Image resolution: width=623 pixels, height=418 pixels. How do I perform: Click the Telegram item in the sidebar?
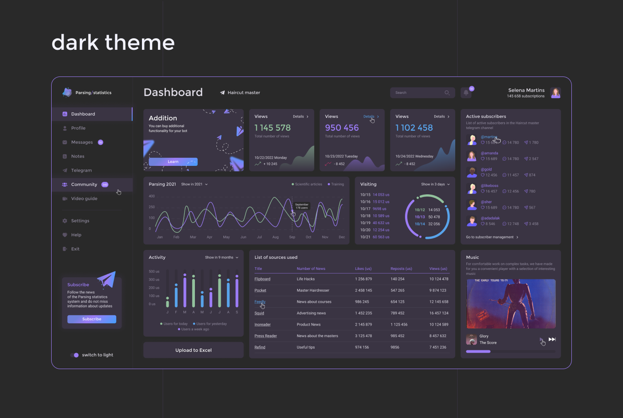tap(81, 170)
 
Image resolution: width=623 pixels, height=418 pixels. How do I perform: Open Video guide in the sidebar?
tap(84, 199)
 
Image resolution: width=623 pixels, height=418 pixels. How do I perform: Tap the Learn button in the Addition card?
tap(173, 162)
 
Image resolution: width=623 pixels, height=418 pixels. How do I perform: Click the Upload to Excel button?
tap(193, 350)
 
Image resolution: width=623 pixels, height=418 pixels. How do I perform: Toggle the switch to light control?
tap(74, 355)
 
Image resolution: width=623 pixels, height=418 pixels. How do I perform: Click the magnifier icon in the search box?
tap(447, 92)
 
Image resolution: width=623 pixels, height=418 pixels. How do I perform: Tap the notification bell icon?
tap(466, 92)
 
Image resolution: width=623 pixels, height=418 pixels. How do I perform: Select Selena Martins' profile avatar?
tap(555, 92)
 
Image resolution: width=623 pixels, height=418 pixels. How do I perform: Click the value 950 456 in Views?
tap(341, 128)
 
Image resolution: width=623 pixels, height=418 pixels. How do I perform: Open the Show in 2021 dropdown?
tap(194, 184)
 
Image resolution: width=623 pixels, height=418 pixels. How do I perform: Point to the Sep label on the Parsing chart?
tap(292, 237)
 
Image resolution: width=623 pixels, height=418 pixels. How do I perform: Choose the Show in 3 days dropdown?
tap(435, 184)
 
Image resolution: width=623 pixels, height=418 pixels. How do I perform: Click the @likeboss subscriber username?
tap(489, 186)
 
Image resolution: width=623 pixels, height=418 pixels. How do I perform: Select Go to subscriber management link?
tap(492, 237)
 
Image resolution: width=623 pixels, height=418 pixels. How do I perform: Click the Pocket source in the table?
tap(260, 290)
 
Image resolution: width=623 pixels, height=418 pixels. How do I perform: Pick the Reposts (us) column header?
tap(401, 269)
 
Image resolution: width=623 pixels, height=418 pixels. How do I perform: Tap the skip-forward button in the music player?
tap(552, 339)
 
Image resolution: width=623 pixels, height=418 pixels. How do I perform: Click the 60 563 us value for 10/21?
tap(381, 237)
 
